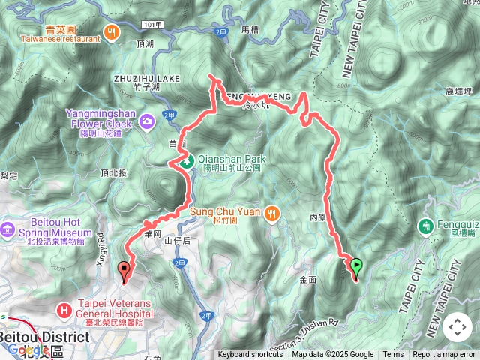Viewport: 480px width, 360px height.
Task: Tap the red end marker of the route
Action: (124, 268)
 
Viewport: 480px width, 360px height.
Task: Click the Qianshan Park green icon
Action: (187, 160)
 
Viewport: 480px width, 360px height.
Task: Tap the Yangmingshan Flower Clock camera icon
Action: (147, 120)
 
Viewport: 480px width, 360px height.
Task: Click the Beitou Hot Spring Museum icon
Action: (8, 227)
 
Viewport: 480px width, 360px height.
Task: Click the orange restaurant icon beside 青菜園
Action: (112, 32)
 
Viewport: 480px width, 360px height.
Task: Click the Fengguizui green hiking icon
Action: (426, 224)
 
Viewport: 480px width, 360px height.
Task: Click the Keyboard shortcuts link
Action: (250, 355)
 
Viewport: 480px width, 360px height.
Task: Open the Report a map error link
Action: (444, 355)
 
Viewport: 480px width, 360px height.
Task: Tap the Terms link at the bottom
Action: (393, 355)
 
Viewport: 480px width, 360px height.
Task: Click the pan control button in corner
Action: (457, 327)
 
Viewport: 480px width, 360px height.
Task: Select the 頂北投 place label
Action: (114, 172)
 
